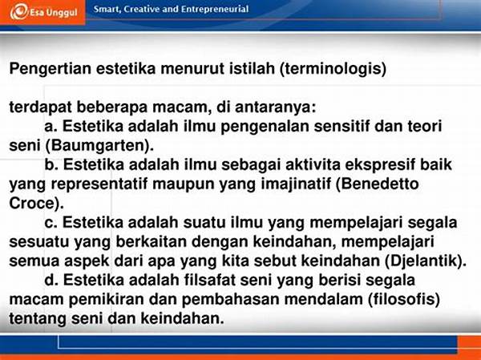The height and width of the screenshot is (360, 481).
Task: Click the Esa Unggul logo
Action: click(x=43, y=13)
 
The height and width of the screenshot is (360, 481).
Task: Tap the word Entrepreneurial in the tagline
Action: click(x=215, y=9)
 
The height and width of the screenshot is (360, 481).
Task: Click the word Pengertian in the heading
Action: click(x=51, y=68)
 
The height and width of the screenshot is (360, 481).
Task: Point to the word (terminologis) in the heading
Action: click(x=333, y=68)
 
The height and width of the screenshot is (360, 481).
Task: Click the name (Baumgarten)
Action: click(x=99, y=145)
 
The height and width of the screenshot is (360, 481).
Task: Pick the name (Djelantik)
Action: click(x=426, y=261)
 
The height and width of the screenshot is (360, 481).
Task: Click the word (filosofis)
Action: click(x=404, y=299)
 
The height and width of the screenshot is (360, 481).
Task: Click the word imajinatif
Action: click(x=297, y=184)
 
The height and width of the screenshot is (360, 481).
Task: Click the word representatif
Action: click(x=99, y=184)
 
